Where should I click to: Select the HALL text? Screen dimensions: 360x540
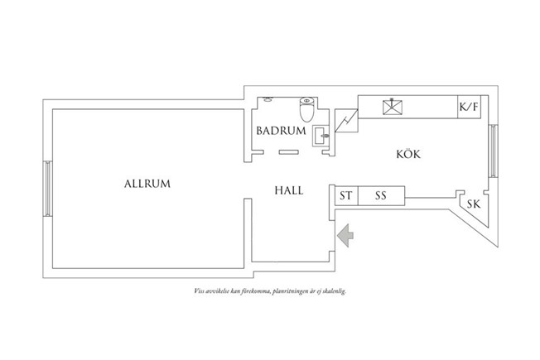tap(288, 190)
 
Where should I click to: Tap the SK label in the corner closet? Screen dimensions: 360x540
tap(473, 204)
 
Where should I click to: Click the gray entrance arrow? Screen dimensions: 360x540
tap(345, 235)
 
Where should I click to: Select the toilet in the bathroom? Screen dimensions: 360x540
tap(305, 108)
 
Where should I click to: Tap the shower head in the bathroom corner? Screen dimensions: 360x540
tap(269, 98)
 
